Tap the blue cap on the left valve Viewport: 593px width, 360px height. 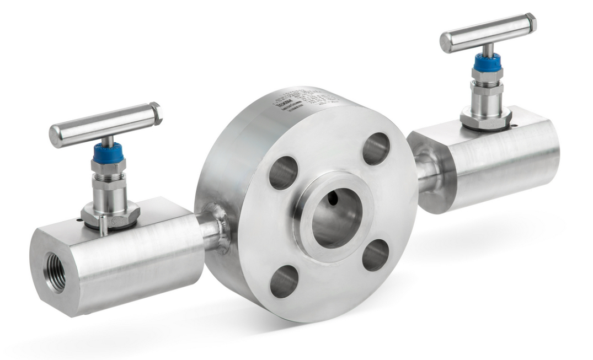(x=108, y=154)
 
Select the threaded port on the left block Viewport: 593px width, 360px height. (x=55, y=272)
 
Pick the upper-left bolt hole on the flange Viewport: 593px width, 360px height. (x=282, y=172)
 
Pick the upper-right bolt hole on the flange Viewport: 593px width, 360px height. (x=376, y=148)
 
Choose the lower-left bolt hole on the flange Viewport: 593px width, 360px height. (x=285, y=281)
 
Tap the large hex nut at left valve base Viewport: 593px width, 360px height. (x=110, y=216)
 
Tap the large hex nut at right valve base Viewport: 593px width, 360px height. (x=485, y=119)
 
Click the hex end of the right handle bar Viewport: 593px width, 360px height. (x=530, y=22)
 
